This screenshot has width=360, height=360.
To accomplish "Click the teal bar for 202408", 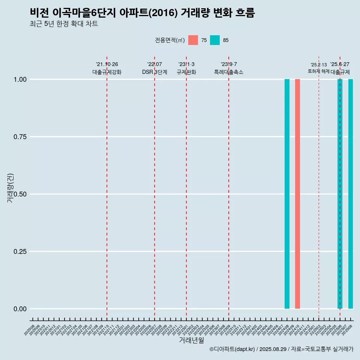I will (287, 194).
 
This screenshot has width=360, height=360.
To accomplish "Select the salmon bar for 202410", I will (297, 194).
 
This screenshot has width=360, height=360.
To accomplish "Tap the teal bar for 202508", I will (351, 194).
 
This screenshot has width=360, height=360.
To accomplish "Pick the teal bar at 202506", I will (340, 194).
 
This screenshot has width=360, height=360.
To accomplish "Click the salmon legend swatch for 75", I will (193, 40).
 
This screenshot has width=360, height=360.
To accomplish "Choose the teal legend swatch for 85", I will (215, 40).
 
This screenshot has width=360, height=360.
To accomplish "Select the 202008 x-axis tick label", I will (29, 330).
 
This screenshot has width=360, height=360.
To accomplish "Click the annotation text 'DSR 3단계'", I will (154, 72).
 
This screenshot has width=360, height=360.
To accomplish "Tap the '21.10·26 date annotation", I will (107, 64).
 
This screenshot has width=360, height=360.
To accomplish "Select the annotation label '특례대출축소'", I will (229, 72).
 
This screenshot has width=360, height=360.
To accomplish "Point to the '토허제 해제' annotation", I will (318, 71).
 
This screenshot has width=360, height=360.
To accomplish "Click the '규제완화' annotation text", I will (186, 72).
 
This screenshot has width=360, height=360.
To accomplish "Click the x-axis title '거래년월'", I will (191, 340).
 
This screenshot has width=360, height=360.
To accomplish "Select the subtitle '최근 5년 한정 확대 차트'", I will (64, 24).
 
